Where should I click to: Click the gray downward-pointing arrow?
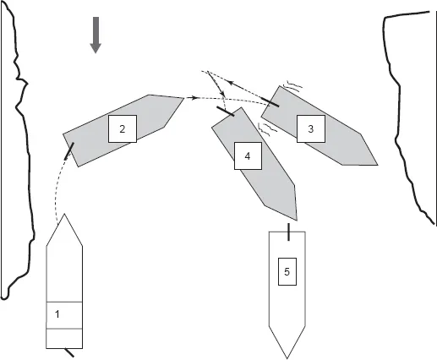[96, 35]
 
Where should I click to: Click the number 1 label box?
[57, 314]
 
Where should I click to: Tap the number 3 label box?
[310, 128]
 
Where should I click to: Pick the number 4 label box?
[247, 156]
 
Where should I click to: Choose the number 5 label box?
[287, 271]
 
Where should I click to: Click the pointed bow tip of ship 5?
[287, 356]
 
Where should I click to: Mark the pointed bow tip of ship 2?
[183, 100]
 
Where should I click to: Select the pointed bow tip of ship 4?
[294, 216]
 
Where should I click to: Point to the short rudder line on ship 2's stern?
[69, 153]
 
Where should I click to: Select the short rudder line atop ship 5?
[288, 231]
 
